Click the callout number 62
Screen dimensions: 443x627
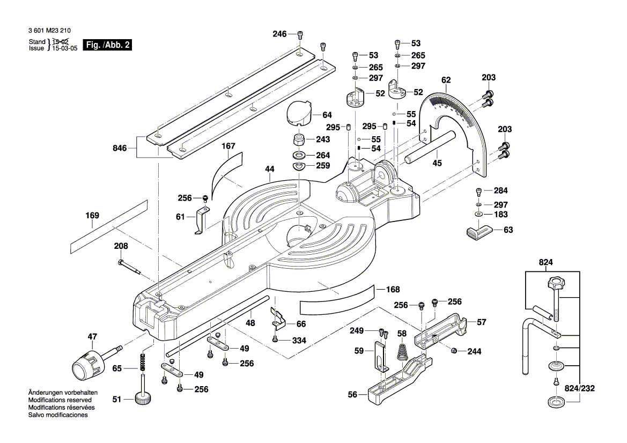click(446, 81)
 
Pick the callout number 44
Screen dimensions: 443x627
click(269, 169)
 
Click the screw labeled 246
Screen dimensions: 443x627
click(300, 35)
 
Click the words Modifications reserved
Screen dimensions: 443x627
click(60, 400)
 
